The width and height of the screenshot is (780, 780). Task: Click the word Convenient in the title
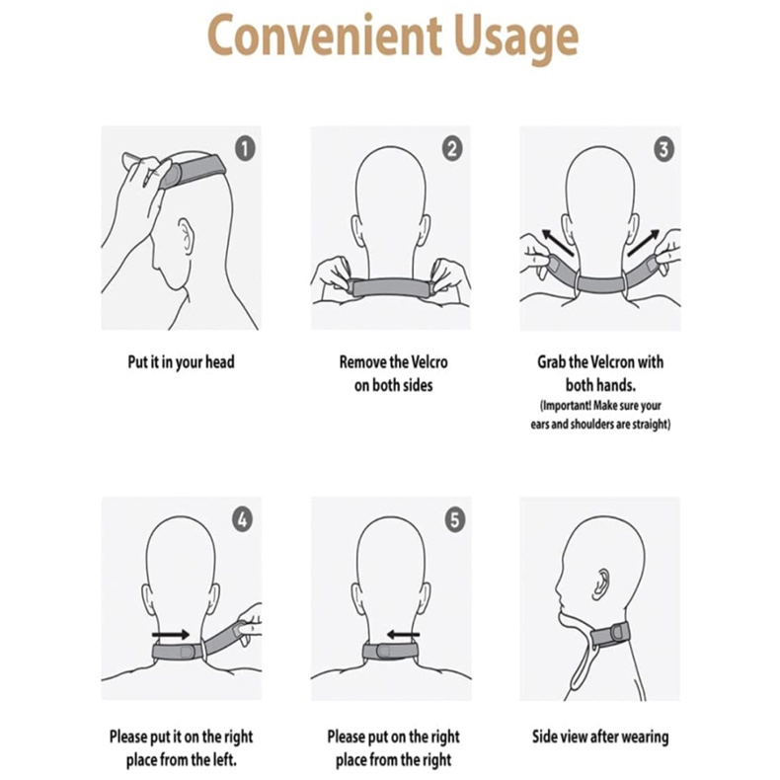point(324,36)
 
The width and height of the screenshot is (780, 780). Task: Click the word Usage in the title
point(516,39)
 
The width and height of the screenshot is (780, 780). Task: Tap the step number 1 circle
point(245,149)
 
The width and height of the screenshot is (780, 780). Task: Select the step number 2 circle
point(451,149)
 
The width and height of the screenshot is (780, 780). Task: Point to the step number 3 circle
point(663,149)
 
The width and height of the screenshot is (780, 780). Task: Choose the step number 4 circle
point(242,520)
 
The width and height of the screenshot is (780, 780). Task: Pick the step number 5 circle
point(454,520)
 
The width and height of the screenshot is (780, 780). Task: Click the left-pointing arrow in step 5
point(403,634)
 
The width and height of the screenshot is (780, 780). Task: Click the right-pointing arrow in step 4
point(171,634)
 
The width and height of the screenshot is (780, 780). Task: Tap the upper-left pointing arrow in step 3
point(557,242)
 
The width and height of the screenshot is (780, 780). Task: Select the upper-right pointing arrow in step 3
point(644,242)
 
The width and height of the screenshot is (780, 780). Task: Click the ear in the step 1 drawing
point(186,236)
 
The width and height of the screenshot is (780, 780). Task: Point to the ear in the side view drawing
point(601,584)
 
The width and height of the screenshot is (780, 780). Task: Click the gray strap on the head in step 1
point(193,171)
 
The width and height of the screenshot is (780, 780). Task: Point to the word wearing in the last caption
point(643,737)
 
